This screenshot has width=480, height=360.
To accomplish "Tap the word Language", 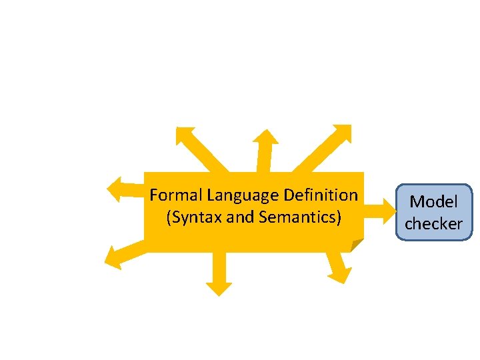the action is click(x=243, y=195).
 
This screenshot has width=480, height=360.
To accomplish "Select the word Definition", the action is click(x=321, y=195).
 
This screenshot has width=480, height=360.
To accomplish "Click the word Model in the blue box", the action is click(x=433, y=201).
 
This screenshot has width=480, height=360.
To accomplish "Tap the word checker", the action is click(x=433, y=224).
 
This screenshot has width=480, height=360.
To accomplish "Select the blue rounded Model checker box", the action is click(x=433, y=212).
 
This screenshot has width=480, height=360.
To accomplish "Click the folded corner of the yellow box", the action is click(x=357, y=245).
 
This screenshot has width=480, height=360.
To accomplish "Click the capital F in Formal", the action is click(x=154, y=195).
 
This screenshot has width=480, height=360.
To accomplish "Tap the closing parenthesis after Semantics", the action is click(x=339, y=217).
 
